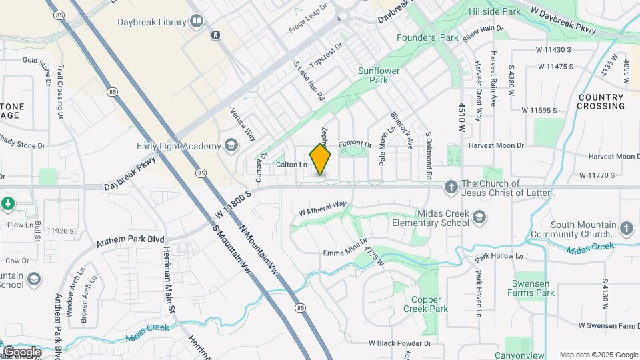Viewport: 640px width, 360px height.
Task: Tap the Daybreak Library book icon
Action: pos(197,22)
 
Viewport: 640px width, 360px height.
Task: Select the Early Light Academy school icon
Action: pos(231,146)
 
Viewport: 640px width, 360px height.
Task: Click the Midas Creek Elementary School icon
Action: pos(479,217)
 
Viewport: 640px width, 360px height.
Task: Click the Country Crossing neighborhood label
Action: pos(601,101)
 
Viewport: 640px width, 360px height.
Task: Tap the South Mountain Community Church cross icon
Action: pos(625,229)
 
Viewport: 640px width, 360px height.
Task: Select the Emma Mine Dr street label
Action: pos(345,248)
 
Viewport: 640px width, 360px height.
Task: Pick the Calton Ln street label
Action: pos(291,164)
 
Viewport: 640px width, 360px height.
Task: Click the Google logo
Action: pos(22,351)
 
